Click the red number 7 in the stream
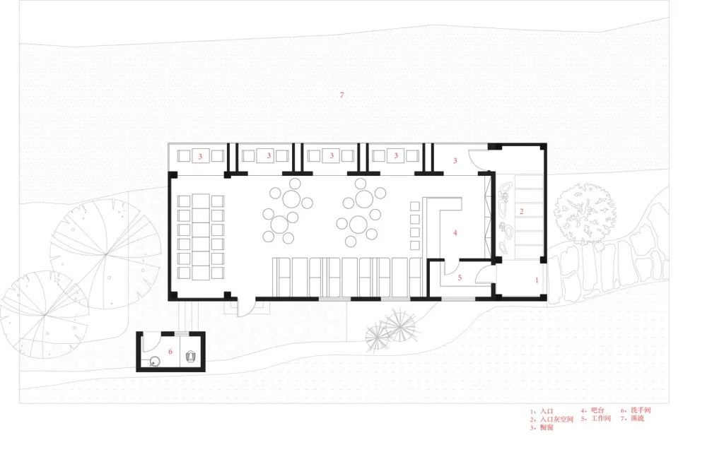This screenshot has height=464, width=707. pos(341,95)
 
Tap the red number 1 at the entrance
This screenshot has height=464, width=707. pos(536,280)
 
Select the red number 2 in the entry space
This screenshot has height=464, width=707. pos(522,211)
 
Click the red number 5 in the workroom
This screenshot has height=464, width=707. pos(459,278)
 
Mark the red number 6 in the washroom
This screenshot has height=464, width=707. pos(170,350)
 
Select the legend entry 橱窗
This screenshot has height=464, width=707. pos(545,428)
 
